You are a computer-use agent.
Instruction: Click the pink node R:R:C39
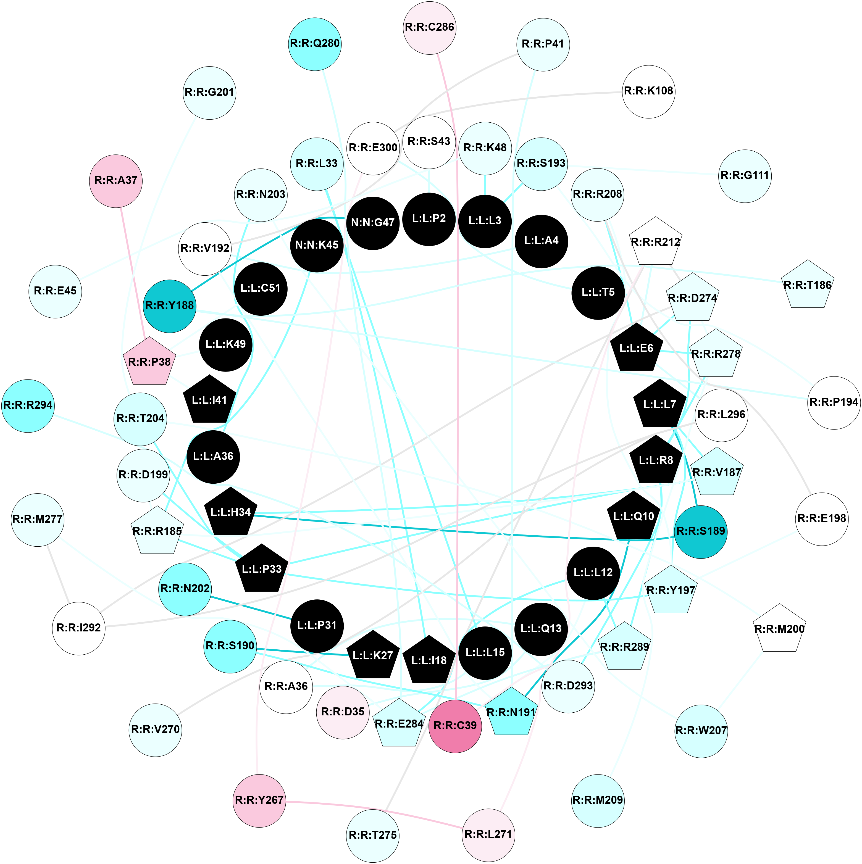click(x=455, y=725)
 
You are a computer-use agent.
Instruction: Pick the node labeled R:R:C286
click(x=429, y=28)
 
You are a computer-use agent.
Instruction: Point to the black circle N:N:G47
click(x=373, y=223)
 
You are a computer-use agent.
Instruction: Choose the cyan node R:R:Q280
click(x=315, y=44)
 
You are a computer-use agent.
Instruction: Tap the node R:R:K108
click(x=648, y=91)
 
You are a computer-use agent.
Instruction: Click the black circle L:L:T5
click(x=598, y=293)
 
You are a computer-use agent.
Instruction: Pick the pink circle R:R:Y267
click(x=259, y=800)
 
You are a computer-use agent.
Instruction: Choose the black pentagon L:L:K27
click(x=373, y=656)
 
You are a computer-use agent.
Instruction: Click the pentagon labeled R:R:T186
click(x=807, y=285)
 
